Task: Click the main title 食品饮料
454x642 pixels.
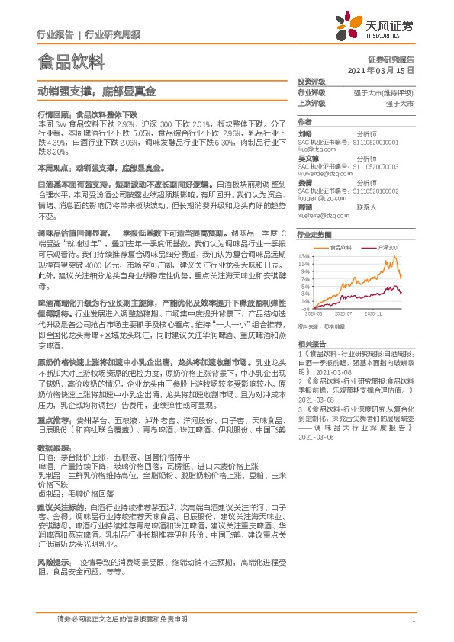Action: coord(68,61)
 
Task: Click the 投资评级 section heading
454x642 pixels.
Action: coord(311,81)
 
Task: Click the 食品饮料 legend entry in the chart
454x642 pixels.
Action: coord(342,248)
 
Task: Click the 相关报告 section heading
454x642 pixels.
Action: coord(311,345)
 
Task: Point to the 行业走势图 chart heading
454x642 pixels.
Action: coord(314,236)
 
